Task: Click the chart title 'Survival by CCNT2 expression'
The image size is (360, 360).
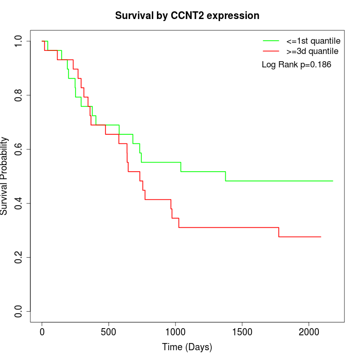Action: [x=187, y=15]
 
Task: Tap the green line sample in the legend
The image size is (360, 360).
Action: [x=271, y=41]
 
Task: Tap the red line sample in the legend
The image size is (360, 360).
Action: [x=271, y=51]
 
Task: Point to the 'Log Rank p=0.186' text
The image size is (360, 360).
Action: [x=296, y=65]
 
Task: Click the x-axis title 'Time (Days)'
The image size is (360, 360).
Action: [x=187, y=347]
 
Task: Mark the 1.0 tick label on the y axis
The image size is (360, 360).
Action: [x=19, y=41]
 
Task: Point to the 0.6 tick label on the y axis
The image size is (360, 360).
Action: [x=19, y=149]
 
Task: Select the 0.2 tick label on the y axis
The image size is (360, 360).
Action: [x=19, y=257]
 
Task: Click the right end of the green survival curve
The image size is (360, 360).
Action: [x=333, y=181]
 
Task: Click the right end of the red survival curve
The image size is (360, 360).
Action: [x=320, y=237]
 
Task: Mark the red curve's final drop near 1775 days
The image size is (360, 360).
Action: [x=279, y=232]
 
